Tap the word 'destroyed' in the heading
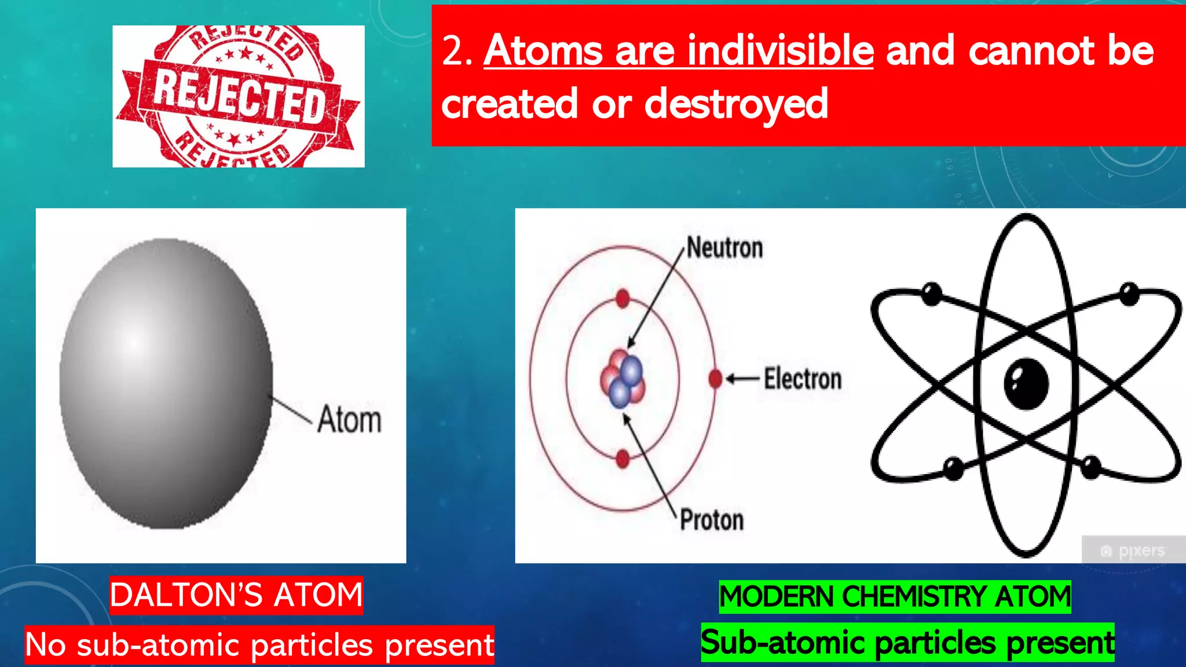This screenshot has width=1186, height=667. coord(736,104)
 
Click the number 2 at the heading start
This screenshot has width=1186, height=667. coord(453,51)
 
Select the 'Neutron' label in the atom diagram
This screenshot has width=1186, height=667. coord(724,248)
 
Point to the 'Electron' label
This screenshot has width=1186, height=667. coord(802,379)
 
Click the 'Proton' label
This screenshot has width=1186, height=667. coord(711,520)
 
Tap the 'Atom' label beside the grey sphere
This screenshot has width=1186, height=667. coord(349,420)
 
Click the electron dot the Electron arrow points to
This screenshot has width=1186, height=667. coord(715,379)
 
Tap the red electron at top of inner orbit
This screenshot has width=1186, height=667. coord(623,299)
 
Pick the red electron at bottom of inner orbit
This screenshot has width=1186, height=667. coord(623,459)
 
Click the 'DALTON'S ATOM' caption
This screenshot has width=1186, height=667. coord(236,595)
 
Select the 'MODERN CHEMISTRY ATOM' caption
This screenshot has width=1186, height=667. coord(895,597)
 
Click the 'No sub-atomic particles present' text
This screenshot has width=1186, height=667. coord(259,644)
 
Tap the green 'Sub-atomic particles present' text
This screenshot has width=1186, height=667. coord(907,643)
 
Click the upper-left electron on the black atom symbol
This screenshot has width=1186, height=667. coord(931,294)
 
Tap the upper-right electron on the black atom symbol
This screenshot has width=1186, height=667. coord(1129,294)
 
